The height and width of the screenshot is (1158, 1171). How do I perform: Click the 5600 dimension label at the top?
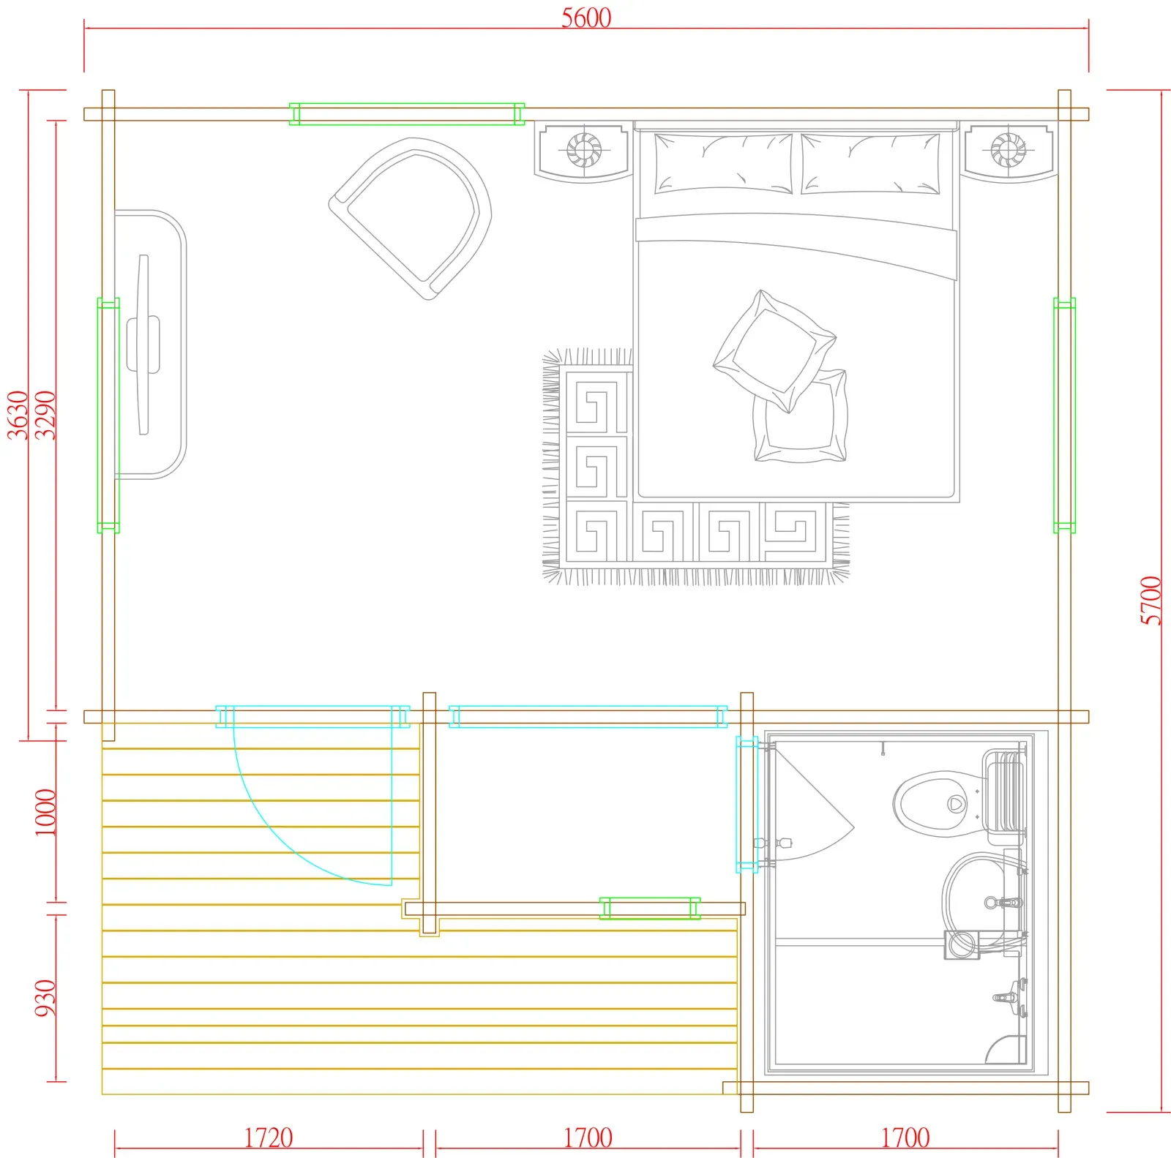585,18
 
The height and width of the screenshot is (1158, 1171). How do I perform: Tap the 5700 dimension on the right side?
1151,601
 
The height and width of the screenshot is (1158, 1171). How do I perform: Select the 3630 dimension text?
18,415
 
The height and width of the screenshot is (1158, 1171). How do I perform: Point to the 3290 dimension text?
45,415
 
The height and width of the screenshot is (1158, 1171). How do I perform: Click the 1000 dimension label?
45,812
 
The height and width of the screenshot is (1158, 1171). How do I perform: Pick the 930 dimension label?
45,998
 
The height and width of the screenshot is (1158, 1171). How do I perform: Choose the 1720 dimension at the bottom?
268,1138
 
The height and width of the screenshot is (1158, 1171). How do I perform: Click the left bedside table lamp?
583,150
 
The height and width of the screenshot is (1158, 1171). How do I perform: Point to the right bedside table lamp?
1008,150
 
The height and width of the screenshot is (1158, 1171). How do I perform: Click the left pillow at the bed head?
723,164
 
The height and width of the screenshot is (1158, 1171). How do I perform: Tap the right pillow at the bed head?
871,164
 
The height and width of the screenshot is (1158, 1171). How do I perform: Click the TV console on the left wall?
151,344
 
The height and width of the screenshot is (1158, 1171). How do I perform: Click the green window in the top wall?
407,114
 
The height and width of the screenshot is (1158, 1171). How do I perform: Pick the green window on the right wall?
1065,415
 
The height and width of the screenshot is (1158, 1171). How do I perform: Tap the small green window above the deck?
650,909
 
